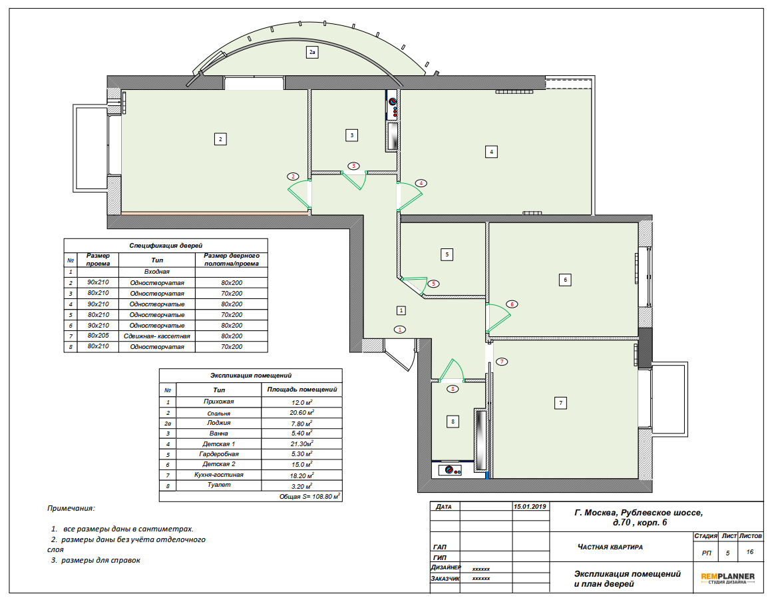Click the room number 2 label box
click(220, 139)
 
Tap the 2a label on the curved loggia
click(312, 52)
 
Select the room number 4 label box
click(491, 151)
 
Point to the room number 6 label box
click(565, 280)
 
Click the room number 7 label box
click(560, 403)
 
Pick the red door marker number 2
click(293, 176)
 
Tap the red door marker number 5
click(433, 284)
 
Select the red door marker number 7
click(502, 362)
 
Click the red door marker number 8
click(453, 389)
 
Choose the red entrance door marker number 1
click(400, 330)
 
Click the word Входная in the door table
click(157, 272)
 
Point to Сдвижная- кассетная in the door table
click(157, 336)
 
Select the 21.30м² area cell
click(301, 444)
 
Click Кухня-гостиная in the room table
click(218, 475)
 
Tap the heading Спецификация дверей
click(166, 245)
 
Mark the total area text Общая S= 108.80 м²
click(309, 497)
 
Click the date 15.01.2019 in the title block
click(530, 506)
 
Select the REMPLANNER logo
click(727, 578)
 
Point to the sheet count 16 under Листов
click(750, 552)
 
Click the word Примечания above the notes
click(71, 508)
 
